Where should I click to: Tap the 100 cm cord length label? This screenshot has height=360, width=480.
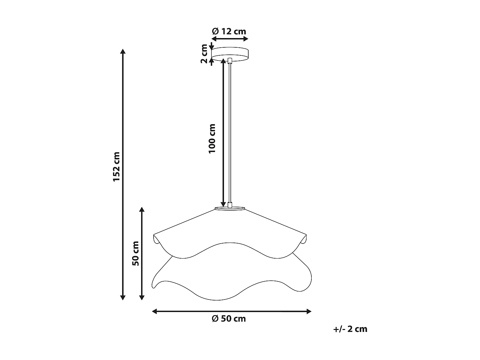[x=212, y=138]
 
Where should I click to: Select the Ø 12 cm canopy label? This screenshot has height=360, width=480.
[x=229, y=31]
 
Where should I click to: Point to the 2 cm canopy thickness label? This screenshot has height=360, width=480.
[x=204, y=54]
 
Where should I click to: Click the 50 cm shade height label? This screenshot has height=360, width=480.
[x=135, y=253]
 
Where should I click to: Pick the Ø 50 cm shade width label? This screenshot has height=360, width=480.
[x=229, y=319]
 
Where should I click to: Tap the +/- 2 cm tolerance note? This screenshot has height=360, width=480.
[x=350, y=329]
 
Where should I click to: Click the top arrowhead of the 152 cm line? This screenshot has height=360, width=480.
[x=123, y=51]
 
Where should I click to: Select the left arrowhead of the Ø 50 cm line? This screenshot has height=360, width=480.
[x=155, y=311]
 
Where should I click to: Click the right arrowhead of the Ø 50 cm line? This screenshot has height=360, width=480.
[x=309, y=311]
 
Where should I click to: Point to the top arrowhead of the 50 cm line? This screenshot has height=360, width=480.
[x=142, y=210]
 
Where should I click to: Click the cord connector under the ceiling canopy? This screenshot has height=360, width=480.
[x=230, y=60]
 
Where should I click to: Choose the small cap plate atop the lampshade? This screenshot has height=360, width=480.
[x=230, y=209]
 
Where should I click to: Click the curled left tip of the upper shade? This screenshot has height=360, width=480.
[x=156, y=238]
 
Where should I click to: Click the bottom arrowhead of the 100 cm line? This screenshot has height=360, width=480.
[x=223, y=204]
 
